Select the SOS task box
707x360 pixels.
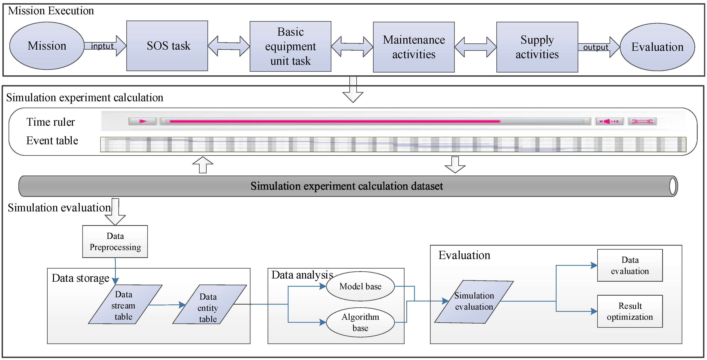coord(167,46)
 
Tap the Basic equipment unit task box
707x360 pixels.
coord(290,46)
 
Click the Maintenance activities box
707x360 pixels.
coord(414,47)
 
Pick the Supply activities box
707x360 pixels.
coord(537,47)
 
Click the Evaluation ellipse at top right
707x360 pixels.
coord(657,47)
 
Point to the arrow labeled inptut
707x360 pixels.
coord(104,46)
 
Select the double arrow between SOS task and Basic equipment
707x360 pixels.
coord(229,46)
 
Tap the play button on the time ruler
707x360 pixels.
coord(143,121)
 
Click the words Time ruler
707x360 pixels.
coord(50,122)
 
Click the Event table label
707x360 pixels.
coord(52,140)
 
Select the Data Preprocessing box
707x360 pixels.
coord(115,241)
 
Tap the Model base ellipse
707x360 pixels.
coord(360,286)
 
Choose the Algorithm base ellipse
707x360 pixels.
coord(360,322)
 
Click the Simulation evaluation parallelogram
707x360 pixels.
coord(474,302)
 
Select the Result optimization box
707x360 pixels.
coord(630,311)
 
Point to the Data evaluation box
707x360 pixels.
coord(630,265)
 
